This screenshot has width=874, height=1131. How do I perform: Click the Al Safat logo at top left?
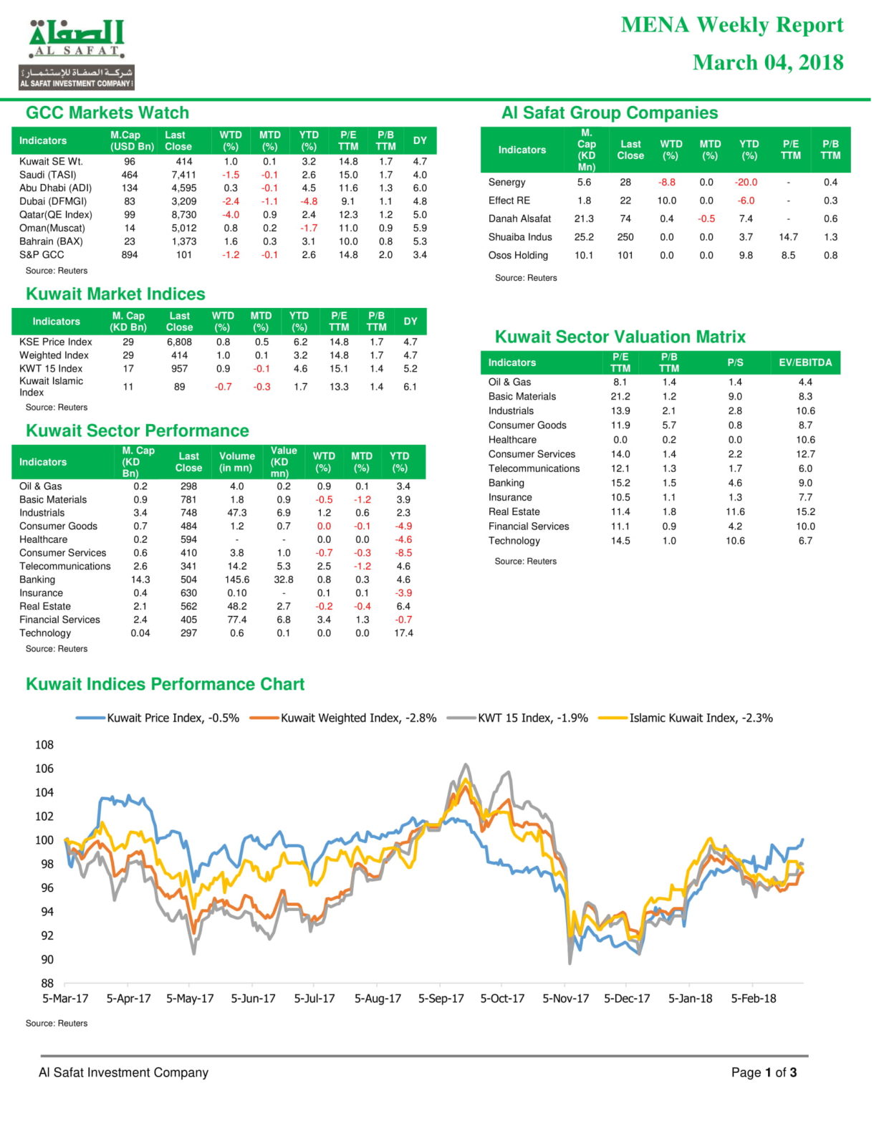(77, 54)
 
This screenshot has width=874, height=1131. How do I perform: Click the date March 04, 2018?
(768, 62)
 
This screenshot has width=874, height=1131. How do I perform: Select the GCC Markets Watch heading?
(107, 112)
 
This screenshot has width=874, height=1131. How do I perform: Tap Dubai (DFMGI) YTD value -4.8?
(309, 201)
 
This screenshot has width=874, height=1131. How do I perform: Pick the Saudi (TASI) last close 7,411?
(183, 175)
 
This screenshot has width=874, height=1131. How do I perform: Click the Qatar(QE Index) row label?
(56, 215)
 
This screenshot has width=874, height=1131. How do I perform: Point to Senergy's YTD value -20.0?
(746, 182)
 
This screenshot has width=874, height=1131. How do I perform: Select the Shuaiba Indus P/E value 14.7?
(788, 237)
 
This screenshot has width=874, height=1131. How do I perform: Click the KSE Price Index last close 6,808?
(179, 342)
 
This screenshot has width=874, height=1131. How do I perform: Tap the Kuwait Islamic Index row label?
(51, 386)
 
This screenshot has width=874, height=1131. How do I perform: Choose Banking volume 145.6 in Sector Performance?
(237, 579)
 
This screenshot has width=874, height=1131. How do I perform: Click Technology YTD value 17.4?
(403, 633)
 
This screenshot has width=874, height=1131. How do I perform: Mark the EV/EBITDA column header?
(805, 362)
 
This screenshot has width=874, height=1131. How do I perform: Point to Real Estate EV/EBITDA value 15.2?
(805, 511)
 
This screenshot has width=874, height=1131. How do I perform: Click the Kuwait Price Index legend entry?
(157, 718)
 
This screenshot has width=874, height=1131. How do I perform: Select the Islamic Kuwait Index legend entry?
(686, 718)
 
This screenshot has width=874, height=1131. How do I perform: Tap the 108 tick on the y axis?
(44, 744)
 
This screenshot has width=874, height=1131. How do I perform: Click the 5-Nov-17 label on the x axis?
(565, 998)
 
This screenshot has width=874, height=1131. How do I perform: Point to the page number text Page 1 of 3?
(764, 1072)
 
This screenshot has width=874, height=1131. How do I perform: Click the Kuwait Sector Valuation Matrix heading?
(620, 337)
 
